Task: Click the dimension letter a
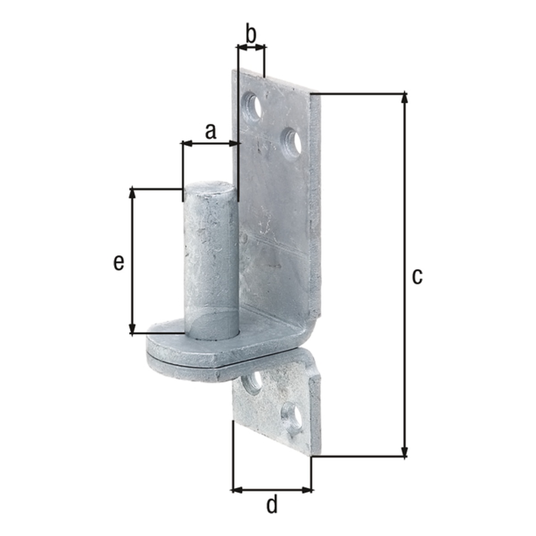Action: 210,132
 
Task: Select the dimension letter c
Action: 417,277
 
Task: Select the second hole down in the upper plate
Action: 292,144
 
